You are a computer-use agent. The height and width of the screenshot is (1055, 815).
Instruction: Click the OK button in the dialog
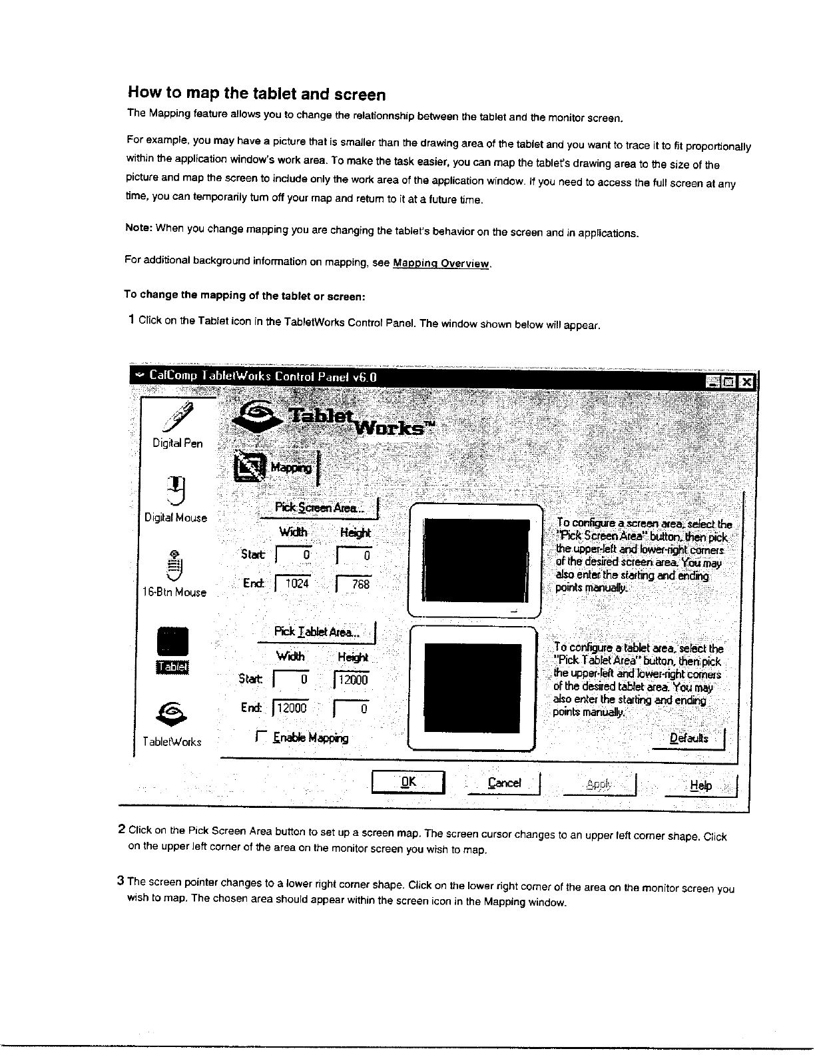(408, 782)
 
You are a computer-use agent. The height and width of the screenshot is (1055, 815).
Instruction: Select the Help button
(700, 786)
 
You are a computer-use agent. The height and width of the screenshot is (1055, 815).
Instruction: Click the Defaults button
(688, 738)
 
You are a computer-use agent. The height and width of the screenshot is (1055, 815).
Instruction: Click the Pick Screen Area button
(320, 508)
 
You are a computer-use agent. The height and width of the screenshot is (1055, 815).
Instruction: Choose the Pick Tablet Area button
(317, 632)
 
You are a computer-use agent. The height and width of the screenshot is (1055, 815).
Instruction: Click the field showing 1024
(292, 583)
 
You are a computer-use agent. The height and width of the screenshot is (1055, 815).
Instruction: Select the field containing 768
(354, 584)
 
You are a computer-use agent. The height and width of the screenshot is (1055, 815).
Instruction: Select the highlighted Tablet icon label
(173, 667)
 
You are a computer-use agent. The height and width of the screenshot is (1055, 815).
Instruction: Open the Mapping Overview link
(441, 264)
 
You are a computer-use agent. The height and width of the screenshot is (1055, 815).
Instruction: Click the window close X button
(747, 382)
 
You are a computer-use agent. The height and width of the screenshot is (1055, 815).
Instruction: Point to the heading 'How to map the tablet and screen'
(256, 94)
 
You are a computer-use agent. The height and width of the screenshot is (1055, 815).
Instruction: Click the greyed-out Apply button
(599, 785)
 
